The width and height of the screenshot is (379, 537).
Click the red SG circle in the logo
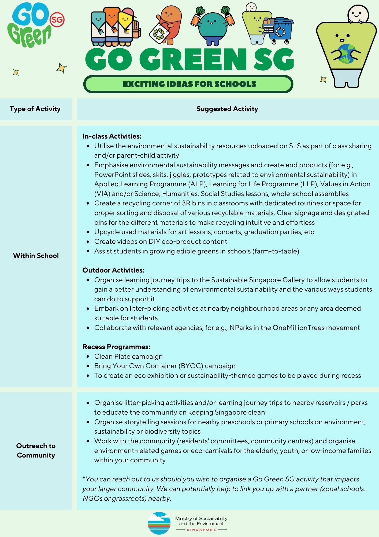[57, 19]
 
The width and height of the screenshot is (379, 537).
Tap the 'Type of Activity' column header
[35, 109]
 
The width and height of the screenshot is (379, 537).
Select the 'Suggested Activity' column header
[227, 109]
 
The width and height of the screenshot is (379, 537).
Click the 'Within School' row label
[36, 256]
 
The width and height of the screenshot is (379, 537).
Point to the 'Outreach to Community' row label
[36, 450]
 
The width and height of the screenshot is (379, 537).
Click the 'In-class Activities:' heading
[112, 136]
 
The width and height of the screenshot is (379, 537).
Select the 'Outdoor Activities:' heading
[113, 270]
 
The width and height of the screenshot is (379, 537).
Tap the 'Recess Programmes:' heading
[116, 347]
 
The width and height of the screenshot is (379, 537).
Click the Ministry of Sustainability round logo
[159, 523]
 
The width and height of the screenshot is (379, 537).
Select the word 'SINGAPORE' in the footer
[201, 530]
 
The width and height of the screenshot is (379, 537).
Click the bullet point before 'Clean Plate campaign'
[88, 357]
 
